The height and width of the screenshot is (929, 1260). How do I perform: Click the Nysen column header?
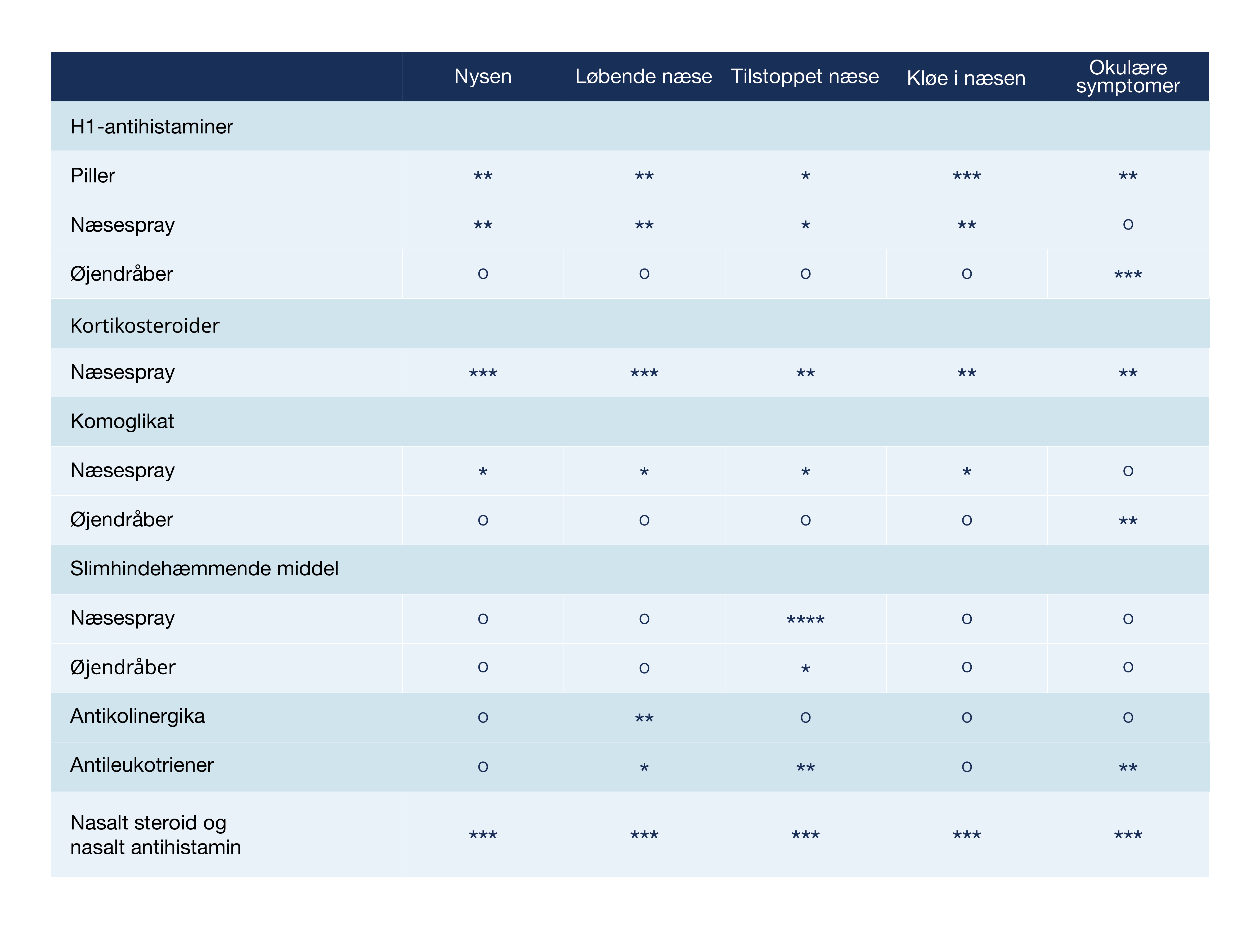[482, 77]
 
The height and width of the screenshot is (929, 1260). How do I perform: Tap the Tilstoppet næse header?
[805, 77]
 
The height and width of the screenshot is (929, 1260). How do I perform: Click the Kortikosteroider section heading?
[145, 326]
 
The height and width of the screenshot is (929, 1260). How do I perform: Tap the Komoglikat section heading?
[122, 421]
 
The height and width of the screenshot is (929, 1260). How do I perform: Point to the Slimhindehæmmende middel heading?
[204, 568]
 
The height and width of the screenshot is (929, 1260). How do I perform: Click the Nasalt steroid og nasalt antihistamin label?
[155, 834]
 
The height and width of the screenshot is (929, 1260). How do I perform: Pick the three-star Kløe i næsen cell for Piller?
[966, 176]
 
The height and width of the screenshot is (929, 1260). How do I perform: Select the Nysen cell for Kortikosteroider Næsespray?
[482, 373]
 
